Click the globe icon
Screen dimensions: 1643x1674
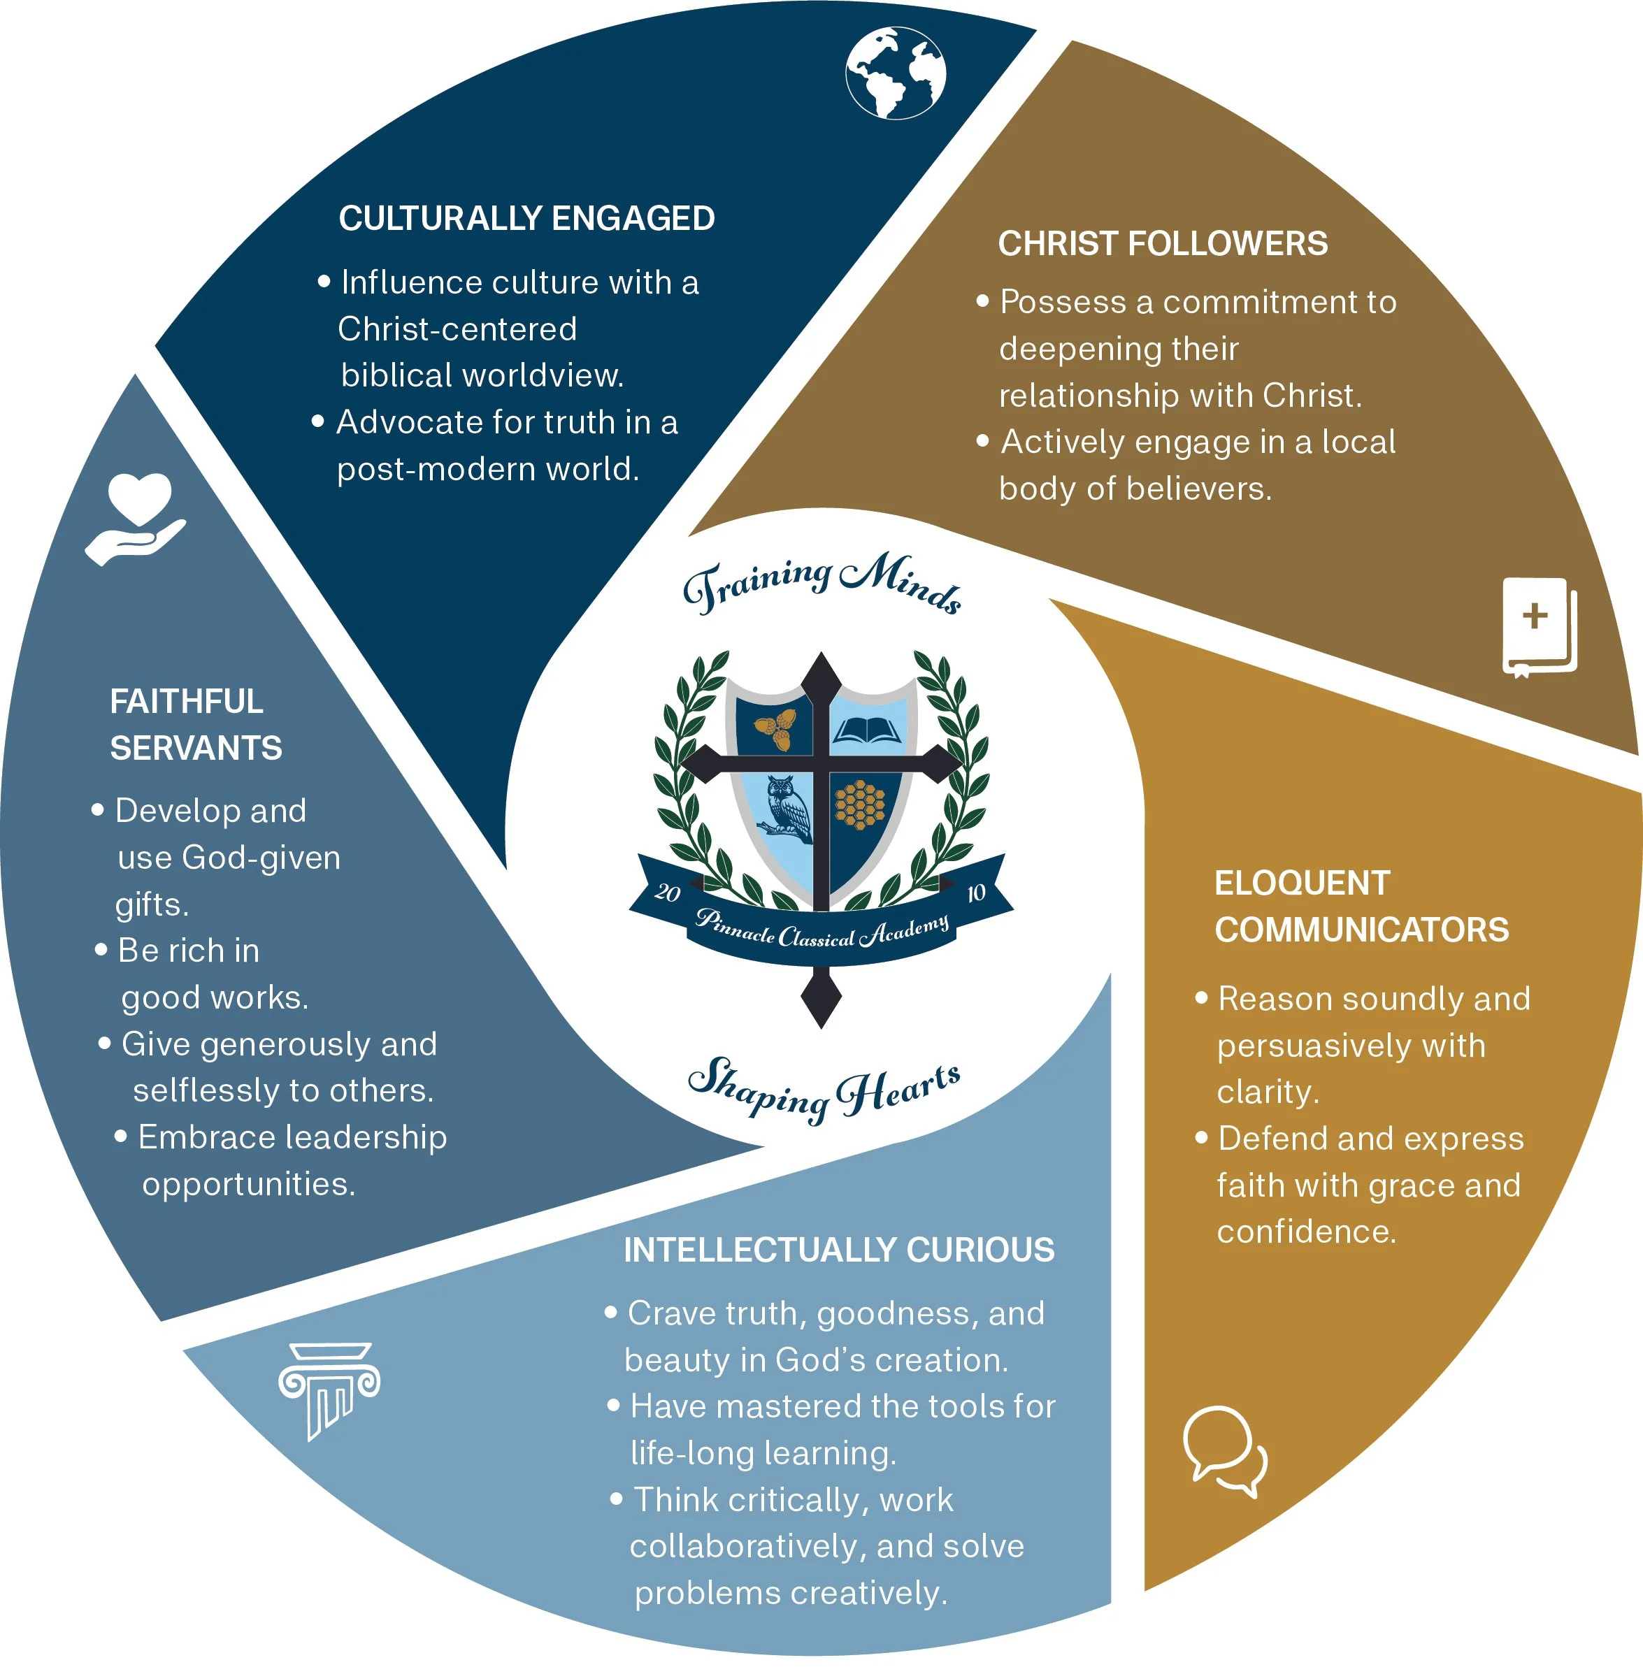(x=895, y=73)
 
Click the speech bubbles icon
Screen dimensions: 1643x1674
(x=1224, y=1450)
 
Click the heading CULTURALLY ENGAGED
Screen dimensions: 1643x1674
(x=526, y=218)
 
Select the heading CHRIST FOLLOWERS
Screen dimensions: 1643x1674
(x=1163, y=243)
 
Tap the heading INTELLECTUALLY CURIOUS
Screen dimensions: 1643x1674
(x=839, y=1250)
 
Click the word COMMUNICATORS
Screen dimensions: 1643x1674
(x=1362, y=930)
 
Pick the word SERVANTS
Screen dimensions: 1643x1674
(x=196, y=747)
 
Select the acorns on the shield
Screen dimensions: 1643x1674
(x=777, y=730)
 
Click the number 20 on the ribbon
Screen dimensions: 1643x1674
(x=668, y=891)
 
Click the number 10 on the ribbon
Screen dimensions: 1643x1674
(x=975, y=893)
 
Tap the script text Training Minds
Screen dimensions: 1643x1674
(x=821, y=581)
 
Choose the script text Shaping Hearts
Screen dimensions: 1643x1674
(x=824, y=1088)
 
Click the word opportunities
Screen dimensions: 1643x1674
(x=248, y=1184)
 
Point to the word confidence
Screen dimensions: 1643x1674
(x=1305, y=1230)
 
